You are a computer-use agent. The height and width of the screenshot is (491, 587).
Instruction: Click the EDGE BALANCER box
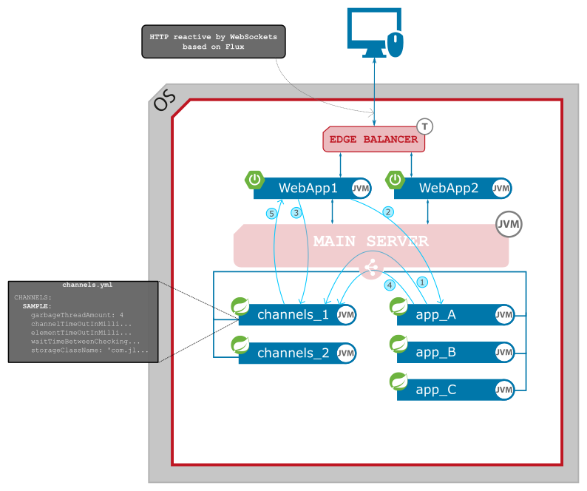tap(373, 139)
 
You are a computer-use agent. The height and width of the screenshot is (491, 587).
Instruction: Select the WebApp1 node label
tap(308, 189)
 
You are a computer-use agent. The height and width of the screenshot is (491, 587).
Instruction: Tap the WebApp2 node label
tap(448, 189)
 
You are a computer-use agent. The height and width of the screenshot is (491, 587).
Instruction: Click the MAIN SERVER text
tap(370, 242)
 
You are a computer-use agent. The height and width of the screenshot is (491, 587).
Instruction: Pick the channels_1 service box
tap(293, 315)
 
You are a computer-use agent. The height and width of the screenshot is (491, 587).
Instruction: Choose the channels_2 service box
tap(293, 353)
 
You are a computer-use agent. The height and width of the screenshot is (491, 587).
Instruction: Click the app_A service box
tap(436, 315)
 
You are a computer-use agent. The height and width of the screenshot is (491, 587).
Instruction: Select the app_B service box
tap(436, 353)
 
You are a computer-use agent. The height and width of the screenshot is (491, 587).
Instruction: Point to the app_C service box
tap(436, 390)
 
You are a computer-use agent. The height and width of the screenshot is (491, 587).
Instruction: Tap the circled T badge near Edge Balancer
tap(424, 126)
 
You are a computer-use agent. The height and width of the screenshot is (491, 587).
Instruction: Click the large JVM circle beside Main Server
tap(508, 225)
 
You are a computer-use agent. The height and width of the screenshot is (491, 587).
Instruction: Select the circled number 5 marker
tap(271, 214)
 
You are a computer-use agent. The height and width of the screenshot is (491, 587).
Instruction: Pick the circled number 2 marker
tap(387, 212)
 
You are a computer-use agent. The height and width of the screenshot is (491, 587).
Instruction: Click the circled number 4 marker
tap(390, 285)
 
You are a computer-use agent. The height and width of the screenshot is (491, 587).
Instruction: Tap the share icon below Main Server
tap(370, 270)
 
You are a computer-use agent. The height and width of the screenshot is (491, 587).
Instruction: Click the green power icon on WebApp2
tap(396, 180)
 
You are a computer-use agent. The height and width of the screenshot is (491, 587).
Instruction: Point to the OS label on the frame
tap(164, 101)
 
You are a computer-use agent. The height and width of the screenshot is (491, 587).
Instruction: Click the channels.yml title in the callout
tap(87, 285)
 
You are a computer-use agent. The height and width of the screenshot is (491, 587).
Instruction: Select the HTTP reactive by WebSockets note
tap(214, 41)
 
